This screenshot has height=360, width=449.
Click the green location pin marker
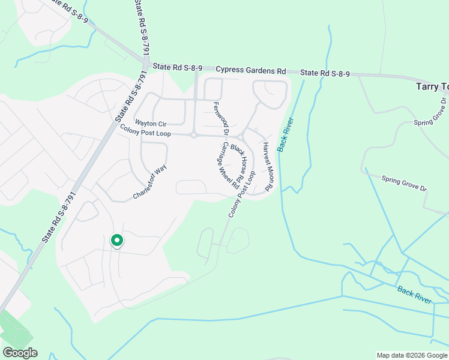coord(117,241)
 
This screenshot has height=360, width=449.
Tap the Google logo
coord(20,353)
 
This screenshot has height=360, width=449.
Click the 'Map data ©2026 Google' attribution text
coord(412,355)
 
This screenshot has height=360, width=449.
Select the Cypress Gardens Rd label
coord(250,70)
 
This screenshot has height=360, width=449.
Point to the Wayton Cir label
coord(150,123)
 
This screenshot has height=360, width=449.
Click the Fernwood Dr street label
coord(221,118)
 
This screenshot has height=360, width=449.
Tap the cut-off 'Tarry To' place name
coord(432,87)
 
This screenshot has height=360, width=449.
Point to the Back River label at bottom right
coord(414,294)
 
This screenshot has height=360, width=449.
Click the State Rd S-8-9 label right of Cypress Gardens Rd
coord(325,73)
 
